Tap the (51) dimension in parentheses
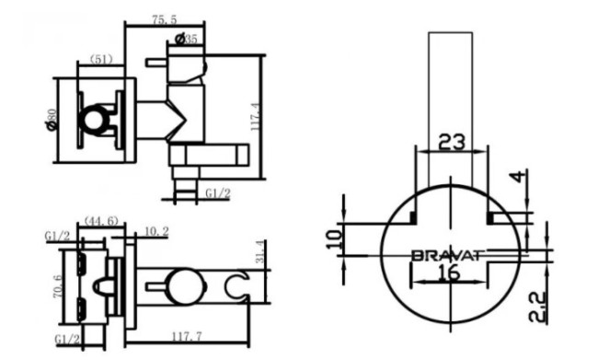(101, 60)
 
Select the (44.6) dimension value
(101, 221)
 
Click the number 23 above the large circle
(451, 142)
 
